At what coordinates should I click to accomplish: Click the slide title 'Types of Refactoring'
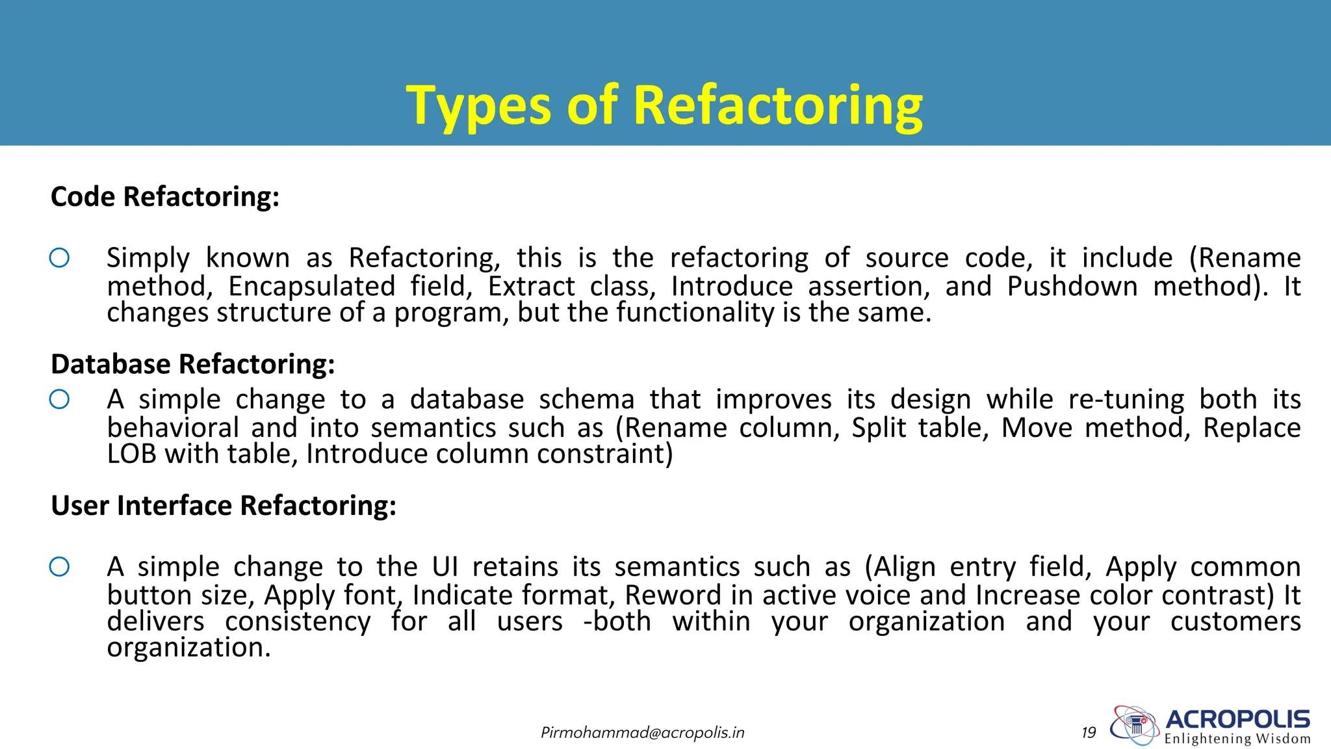[x=664, y=105]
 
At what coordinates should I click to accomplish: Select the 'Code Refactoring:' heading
[x=165, y=197]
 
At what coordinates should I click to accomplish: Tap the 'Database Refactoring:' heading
[x=193, y=364]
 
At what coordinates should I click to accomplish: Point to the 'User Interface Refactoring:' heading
[x=224, y=506]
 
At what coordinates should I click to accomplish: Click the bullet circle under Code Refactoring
[x=59, y=258]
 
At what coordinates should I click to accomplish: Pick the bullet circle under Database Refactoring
[x=59, y=399]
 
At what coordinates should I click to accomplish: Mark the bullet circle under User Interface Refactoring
[x=59, y=567]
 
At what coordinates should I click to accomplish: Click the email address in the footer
[x=642, y=733]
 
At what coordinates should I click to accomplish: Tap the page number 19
[x=1089, y=733]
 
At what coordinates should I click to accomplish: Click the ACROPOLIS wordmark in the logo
[x=1237, y=720]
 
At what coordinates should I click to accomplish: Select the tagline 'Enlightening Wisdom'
[x=1237, y=739]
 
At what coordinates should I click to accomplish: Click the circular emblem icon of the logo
[x=1135, y=724]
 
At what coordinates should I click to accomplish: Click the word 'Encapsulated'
[x=312, y=287]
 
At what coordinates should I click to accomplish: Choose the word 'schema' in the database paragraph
[x=586, y=400]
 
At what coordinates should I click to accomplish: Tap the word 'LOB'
[x=131, y=454]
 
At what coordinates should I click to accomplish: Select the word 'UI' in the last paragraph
[x=445, y=567]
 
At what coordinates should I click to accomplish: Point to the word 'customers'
[x=1235, y=622]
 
